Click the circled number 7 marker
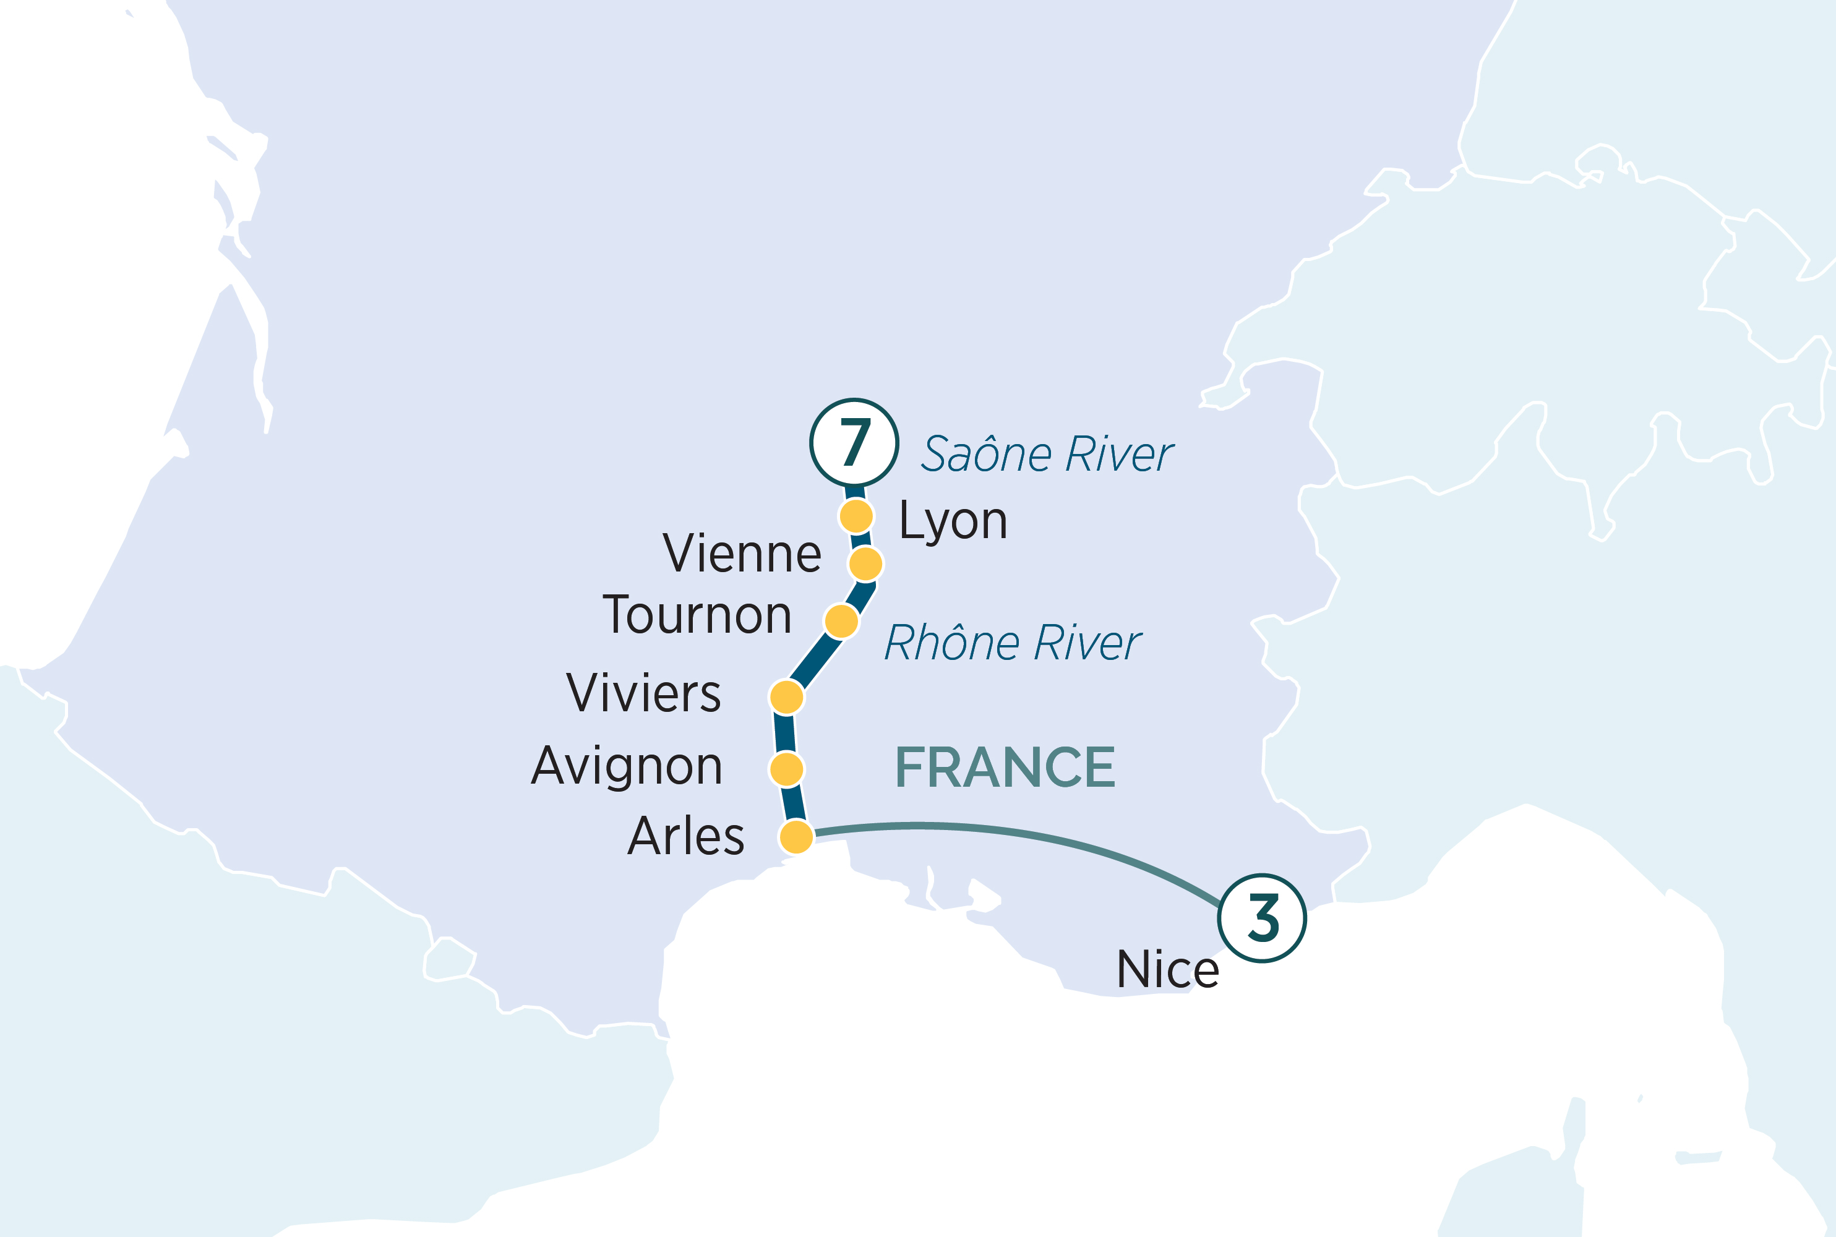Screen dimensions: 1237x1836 (x=854, y=443)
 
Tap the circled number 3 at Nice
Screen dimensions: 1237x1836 (x=1261, y=917)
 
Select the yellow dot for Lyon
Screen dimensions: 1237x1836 (x=856, y=516)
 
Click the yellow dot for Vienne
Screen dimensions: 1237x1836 (x=865, y=564)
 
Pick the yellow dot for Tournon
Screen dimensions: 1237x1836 (x=841, y=621)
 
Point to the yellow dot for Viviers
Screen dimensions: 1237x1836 (x=787, y=696)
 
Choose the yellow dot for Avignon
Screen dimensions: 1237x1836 (x=787, y=768)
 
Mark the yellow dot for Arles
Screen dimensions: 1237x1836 (x=796, y=836)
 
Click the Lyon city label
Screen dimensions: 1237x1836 (x=953, y=521)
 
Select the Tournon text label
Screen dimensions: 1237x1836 (x=697, y=615)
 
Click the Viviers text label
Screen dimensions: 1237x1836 (x=643, y=693)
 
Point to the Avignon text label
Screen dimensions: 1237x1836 (x=627, y=767)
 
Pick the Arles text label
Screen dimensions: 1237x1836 (x=685, y=836)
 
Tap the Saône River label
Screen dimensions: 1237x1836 (x=1048, y=455)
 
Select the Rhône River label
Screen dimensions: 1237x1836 (x=1013, y=643)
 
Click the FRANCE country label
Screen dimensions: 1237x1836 (x=1005, y=768)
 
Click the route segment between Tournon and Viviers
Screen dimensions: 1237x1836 (x=814, y=659)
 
